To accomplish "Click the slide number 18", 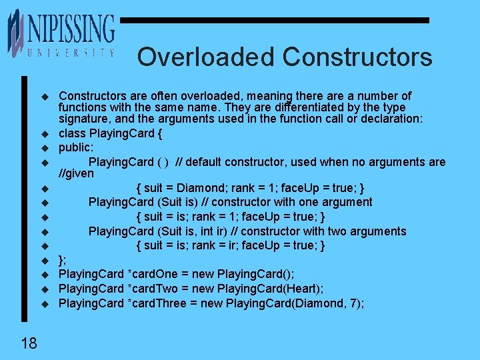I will (29, 343).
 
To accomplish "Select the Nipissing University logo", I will (61, 33).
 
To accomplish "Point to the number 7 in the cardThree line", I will (357, 303).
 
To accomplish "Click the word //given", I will (77, 173).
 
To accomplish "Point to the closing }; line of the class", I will (63, 260).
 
